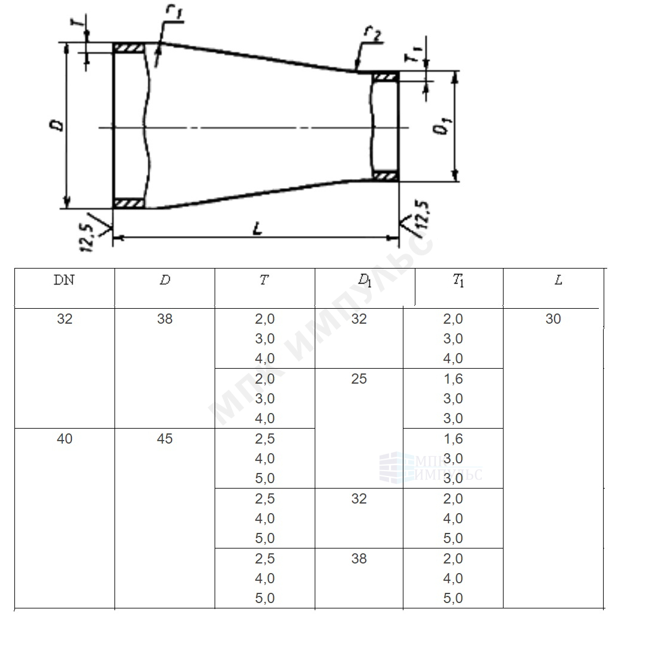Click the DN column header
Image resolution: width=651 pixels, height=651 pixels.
[64, 281]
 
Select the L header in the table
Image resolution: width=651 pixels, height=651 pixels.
[559, 281]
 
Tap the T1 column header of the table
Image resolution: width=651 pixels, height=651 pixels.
[459, 281]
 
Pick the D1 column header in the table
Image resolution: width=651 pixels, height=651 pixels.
[364, 281]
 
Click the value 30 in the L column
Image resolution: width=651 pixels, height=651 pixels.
[553, 319]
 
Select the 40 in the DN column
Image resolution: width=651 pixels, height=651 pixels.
[64, 439]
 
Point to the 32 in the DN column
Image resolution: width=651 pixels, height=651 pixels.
[64, 319]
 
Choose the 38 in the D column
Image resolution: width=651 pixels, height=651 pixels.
[164, 319]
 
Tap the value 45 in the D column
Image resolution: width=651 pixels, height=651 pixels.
[164, 439]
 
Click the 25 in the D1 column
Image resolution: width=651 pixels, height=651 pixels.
[358, 379]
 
